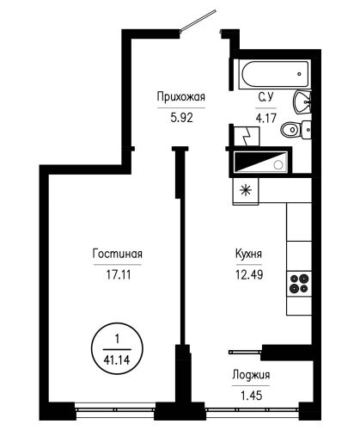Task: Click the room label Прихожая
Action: [181, 97]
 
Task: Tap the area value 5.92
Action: [181, 118]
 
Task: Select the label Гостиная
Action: [118, 254]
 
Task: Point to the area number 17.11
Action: [119, 274]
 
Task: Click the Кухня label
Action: [248, 254]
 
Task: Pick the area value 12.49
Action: [249, 274]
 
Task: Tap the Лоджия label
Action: [251, 375]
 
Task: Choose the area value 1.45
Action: [252, 396]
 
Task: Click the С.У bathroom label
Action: [266, 97]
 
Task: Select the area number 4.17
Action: [266, 118]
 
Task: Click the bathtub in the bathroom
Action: [275, 74]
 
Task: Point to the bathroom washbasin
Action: [302, 102]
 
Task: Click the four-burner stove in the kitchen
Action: [299, 284]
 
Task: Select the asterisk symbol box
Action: [246, 191]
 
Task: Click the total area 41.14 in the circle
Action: [117, 359]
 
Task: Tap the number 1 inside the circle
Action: [117, 340]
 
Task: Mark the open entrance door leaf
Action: [198, 20]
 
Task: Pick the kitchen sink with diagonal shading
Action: [260, 162]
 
